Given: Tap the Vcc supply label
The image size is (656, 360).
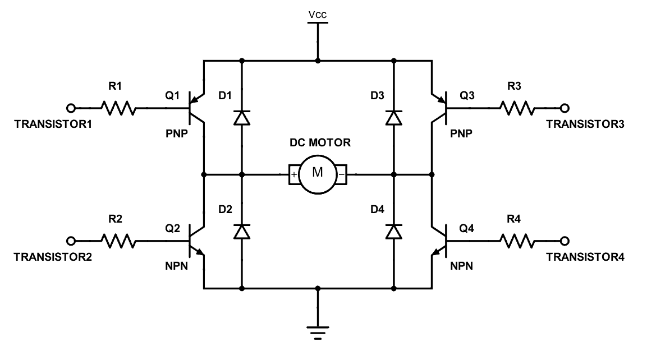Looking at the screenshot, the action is click(318, 15).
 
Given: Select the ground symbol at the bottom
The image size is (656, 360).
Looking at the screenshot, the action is click(318, 333).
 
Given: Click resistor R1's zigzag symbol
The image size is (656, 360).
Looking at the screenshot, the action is click(118, 108).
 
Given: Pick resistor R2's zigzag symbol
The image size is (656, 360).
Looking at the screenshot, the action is click(118, 241).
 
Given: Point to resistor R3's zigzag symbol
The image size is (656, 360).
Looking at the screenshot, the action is click(517, 108).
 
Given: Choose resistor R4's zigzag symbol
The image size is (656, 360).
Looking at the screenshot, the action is click(517, 241).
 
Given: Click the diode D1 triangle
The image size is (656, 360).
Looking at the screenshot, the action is click(242, 118).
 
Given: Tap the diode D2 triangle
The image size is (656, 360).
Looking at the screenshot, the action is click(242, 231).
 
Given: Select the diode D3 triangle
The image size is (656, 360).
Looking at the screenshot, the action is click(394, 118).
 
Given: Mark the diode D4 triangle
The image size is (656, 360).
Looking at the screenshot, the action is click(394, 231).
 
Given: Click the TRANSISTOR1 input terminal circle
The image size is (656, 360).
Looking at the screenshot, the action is click(71, 108).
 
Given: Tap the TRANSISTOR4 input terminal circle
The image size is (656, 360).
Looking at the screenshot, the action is click(565, 241).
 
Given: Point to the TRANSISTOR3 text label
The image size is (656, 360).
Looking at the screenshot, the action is click(585, 124).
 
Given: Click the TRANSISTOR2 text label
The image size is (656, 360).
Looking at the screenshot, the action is click(53, 257).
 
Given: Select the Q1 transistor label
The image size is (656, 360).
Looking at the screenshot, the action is click(172, 96).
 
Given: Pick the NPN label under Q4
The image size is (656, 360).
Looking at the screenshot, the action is click(461, 266).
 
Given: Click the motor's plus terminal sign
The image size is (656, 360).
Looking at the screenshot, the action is click(293, 174).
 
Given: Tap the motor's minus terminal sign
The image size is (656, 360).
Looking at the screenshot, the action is click(342, 174).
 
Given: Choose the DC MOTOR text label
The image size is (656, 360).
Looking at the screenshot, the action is click(320, 142).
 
